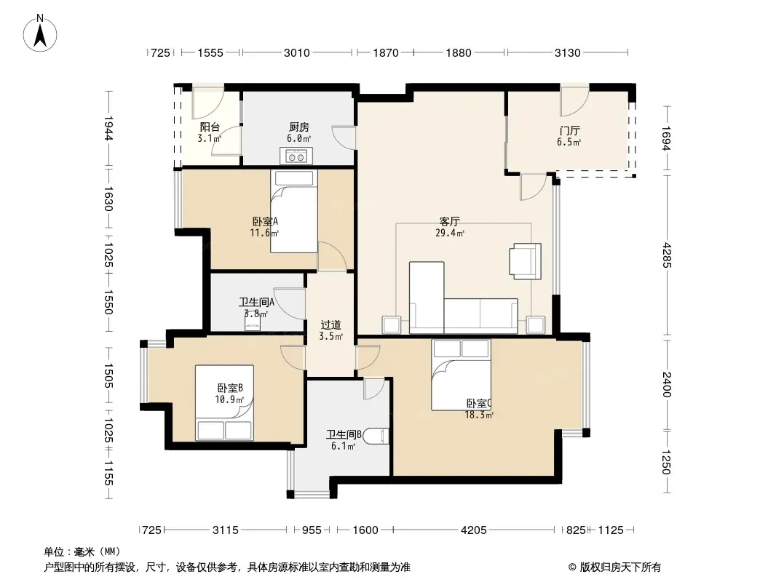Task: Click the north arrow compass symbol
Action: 40,33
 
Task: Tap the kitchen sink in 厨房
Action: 296,156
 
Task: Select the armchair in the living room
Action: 525,261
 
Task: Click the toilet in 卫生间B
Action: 384,436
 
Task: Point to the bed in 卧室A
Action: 294,211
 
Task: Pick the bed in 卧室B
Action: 225,402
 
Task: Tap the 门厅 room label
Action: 570,131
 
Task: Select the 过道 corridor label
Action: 330,325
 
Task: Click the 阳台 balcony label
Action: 210,127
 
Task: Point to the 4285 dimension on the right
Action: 667,255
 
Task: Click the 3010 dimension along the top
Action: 296,52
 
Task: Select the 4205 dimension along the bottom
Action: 474,530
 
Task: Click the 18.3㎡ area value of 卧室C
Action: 479,415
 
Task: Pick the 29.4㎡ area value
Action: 450,233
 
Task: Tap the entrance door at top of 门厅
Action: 574,100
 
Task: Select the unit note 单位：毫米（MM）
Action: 82,551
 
